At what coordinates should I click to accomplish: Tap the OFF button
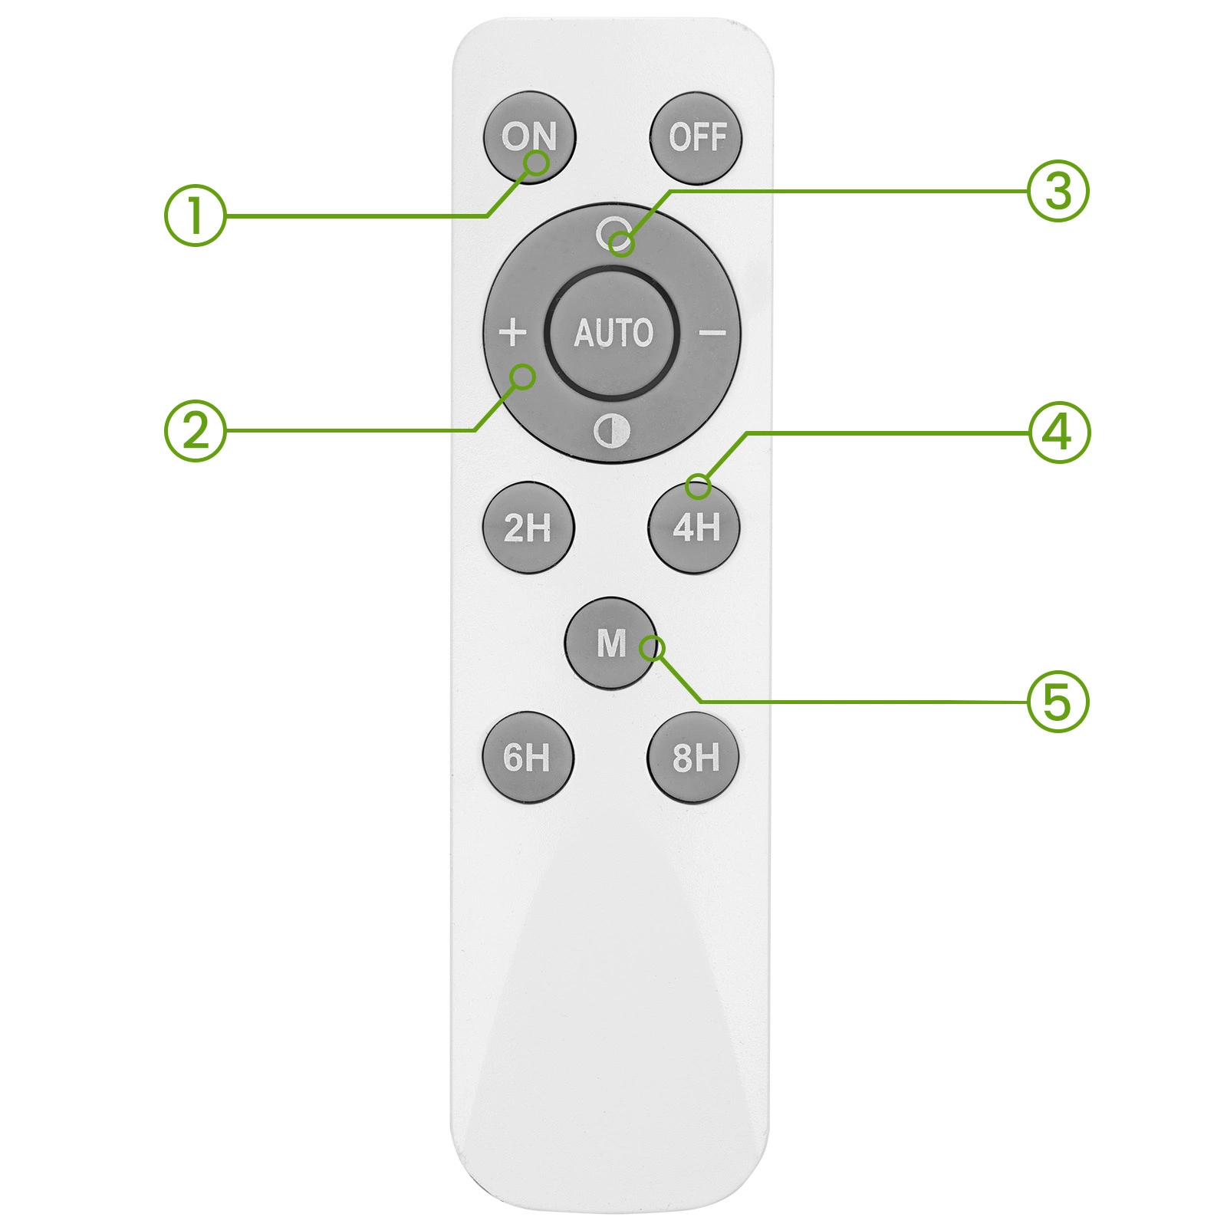696,139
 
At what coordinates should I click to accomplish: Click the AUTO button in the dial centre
613,334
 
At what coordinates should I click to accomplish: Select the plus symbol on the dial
512,333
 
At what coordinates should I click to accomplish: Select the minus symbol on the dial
712,333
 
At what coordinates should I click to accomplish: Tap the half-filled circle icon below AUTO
612,432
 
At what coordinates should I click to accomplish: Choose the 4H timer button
695,528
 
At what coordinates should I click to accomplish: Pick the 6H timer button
528,758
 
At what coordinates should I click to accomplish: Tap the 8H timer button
694,758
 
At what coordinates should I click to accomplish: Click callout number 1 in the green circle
196,215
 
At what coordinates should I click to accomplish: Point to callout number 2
196,430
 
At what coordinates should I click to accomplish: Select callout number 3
1058,191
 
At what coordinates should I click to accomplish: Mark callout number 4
1059,432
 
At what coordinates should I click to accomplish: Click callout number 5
1058,701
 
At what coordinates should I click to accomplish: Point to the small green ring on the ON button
538,163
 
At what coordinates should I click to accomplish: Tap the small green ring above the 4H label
698,486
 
